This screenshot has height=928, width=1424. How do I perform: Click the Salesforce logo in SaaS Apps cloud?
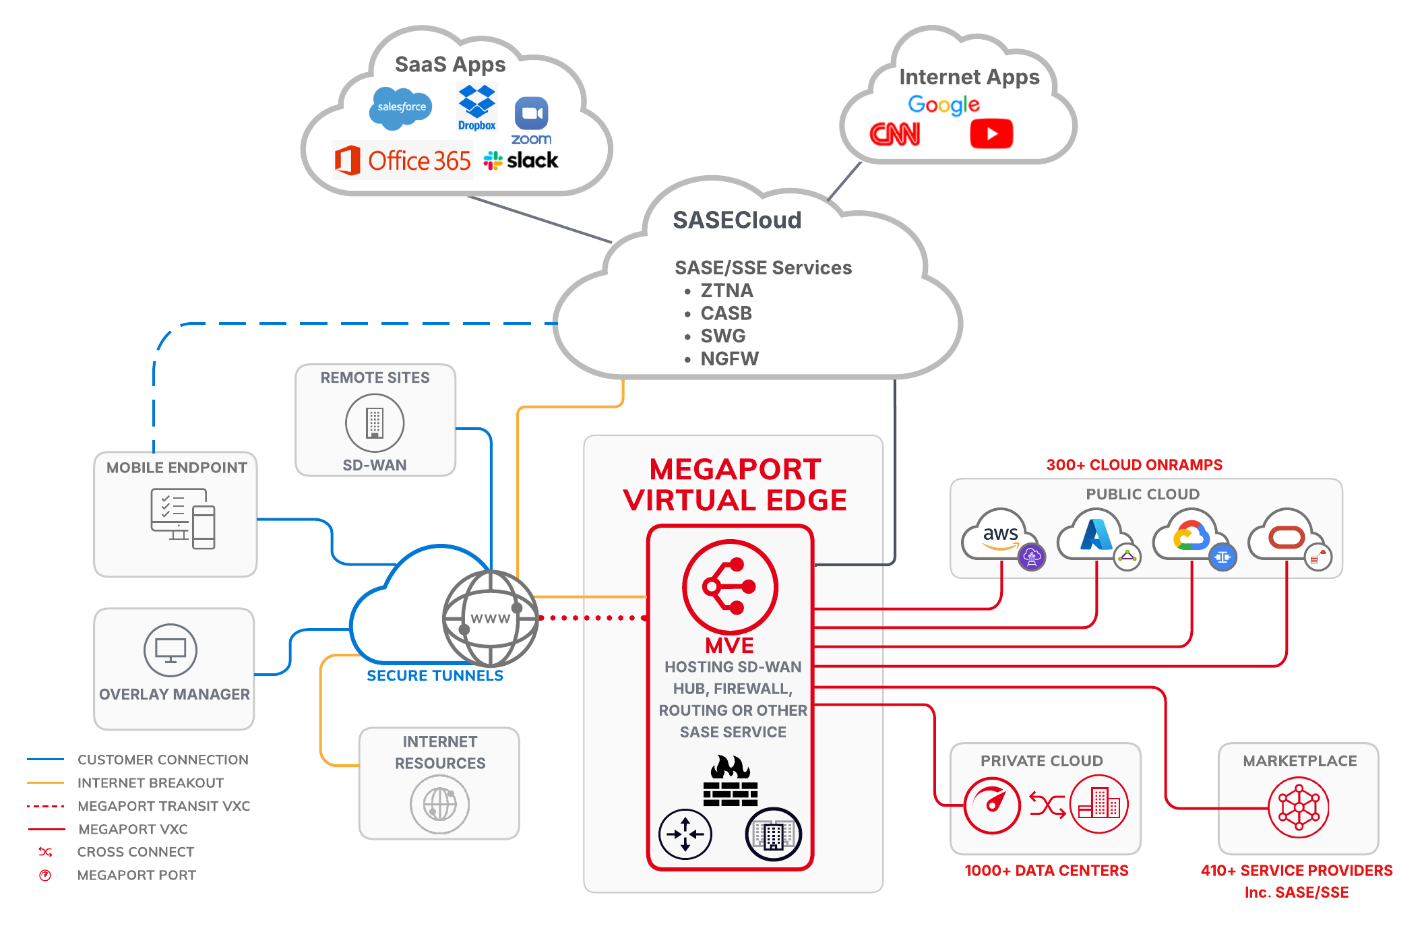[x=401, y=108]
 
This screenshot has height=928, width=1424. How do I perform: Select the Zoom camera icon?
[x=532, y=113]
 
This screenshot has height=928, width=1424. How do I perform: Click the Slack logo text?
[x=532, y=160]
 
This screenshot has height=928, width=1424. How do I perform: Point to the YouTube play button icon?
[x=991, y=133]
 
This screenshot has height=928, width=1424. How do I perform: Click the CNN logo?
[x=895, y=134]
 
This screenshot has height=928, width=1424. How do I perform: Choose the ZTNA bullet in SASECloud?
[x=726, y=290]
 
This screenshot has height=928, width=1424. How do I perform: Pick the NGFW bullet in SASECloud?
[x=729, y=359]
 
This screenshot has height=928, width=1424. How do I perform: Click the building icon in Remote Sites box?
[x=375, y=423]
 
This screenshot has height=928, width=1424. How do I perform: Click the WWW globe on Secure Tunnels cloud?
[x=490, y=618]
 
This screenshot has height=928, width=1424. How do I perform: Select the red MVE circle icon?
[x=730, y=586]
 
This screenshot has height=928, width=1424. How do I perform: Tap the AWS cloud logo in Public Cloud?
[x=999, y=535]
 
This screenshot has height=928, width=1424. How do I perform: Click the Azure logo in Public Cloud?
[x=1096, y=535]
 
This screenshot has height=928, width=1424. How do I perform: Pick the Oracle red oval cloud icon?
[x=1287, y=537]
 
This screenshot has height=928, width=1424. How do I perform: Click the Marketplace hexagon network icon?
[x=1298, y=807]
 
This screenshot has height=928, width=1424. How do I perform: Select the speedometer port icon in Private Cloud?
[x=992, y=805]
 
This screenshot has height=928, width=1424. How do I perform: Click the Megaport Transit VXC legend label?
[x=164, y=806]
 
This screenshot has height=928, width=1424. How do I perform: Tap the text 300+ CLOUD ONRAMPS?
[x=1134, y=465]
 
